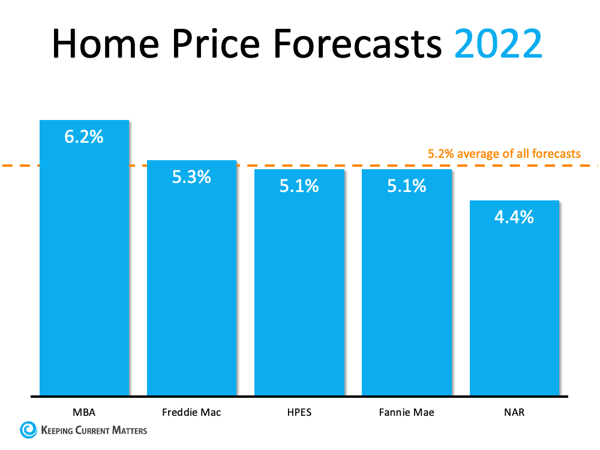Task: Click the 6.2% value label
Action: point(84,137)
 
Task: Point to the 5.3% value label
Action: point(192,177)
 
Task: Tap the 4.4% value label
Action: point(514,217)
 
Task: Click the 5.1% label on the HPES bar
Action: point(299,186)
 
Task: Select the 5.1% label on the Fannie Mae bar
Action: point(406,186)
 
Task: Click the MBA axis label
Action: point(84,412)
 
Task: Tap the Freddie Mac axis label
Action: point(191,412)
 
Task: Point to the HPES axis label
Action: point(299,412)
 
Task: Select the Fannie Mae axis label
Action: point(406,412)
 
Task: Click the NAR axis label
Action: point(514,412)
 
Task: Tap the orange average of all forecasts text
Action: point(504,154)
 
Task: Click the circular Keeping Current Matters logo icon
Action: point(28,430)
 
